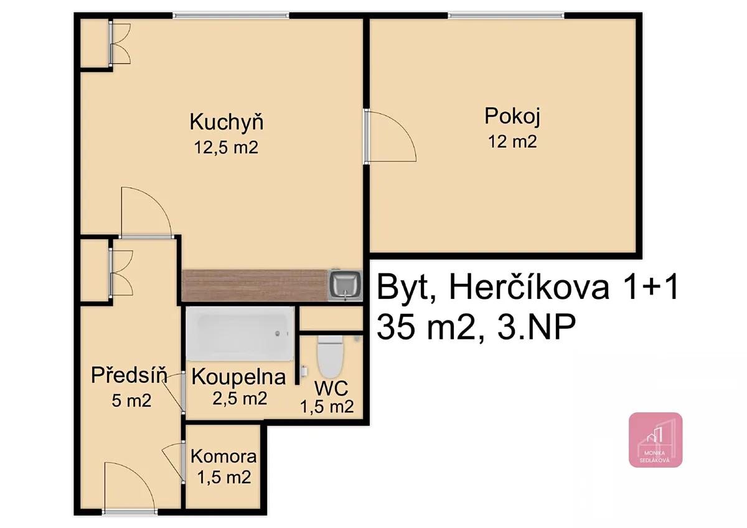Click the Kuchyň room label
click(227, 122)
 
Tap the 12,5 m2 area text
click(226, 147)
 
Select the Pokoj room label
click(512, 116)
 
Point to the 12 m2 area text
click(512, 141)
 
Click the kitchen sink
click(345, 286)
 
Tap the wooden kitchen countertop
click(255, 286)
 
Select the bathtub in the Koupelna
click(240, 334)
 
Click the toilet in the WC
click(330, 356)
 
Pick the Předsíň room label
click(129, 375)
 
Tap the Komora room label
click(223, 456)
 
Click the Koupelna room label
click(238, 377)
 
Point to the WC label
click(331, 389)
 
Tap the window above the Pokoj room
click(506, 16)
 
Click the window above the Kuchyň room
click(231, 16)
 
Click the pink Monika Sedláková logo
click(655, 440)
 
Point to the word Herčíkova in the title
click(529, 288)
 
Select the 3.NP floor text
click(536, 327)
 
